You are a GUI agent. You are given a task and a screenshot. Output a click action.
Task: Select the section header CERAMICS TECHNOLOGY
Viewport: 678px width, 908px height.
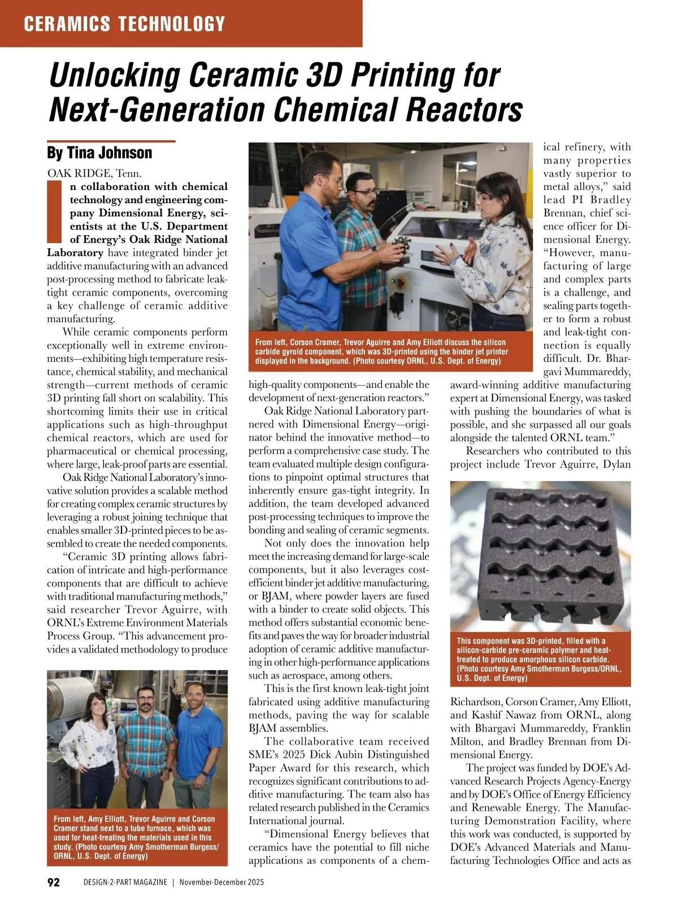click(125, 24)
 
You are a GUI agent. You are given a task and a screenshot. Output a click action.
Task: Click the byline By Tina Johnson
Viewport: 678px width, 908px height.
click(99, 153)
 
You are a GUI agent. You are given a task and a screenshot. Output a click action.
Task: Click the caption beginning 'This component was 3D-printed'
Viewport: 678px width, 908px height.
click(540, 659)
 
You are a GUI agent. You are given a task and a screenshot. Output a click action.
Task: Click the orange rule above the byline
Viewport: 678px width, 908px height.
click(111, 141)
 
